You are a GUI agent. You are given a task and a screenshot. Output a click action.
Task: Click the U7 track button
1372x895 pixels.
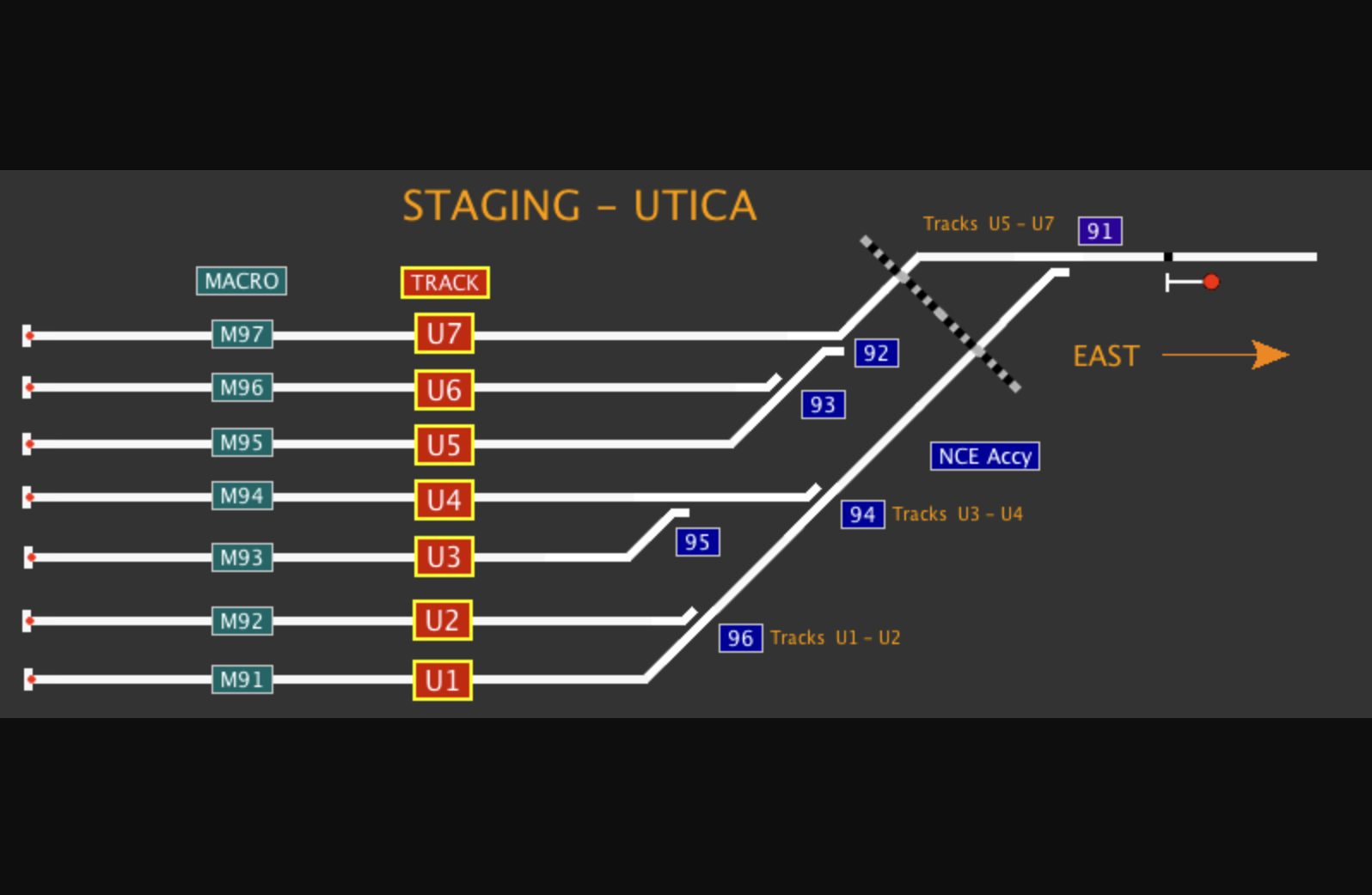(444, 333)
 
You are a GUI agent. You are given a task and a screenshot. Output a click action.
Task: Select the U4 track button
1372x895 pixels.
(444, 499)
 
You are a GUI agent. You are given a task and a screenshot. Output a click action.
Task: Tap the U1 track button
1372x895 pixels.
(443, 680)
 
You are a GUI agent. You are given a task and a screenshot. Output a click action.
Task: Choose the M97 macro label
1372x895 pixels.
(242, 334)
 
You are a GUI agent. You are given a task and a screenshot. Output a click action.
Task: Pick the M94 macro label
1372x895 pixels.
(242, 496)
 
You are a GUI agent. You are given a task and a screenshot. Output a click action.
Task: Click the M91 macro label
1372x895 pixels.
(242, 679)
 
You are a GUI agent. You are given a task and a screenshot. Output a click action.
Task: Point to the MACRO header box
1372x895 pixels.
(242, 281)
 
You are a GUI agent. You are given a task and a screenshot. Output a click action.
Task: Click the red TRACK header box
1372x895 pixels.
(444, 283)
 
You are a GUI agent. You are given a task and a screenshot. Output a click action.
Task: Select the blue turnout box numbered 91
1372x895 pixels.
(1099, 230)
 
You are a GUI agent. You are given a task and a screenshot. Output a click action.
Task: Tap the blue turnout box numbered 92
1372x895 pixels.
(876, 353)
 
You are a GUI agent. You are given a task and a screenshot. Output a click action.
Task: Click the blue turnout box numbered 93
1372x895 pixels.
(823, 405)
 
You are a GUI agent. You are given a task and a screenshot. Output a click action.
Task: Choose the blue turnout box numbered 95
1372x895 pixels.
(697, 542)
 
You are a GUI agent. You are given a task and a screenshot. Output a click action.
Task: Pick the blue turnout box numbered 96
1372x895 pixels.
(740, 638)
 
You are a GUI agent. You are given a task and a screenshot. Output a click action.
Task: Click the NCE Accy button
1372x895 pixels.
(984, 456)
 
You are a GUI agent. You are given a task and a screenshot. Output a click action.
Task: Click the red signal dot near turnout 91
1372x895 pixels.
(1211, 282)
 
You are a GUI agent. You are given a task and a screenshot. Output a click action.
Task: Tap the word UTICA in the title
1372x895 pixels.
(695, 206)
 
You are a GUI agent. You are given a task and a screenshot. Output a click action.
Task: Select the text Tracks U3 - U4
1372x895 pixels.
(957, 514)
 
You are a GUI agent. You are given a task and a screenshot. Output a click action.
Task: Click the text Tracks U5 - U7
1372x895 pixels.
(988, 224)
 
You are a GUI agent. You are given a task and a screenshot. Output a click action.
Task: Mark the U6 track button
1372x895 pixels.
(444, 390)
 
